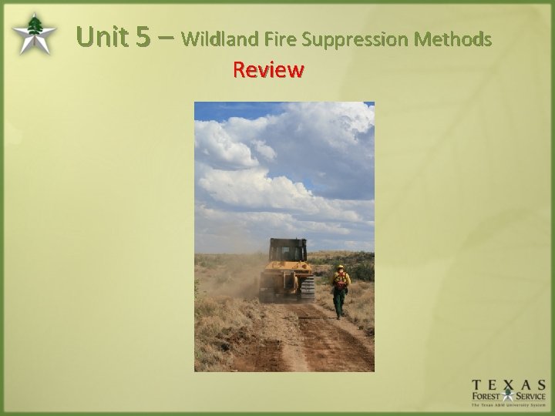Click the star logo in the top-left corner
tap(33, 35)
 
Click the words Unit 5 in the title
tap(113, 36)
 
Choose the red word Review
tap(268, 70)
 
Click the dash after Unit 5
tap(164, 37)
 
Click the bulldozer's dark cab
tap(288, 250)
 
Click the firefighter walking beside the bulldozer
tap(339, 290)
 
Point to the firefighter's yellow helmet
tap(339, 267)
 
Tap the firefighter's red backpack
tap(339, 279)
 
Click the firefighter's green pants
tap(338, 302)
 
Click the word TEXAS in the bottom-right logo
tap(509, 384)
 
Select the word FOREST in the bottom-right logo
tap(487, 398)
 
